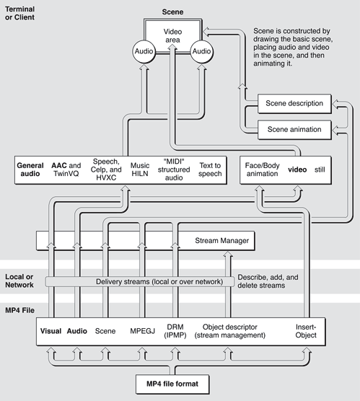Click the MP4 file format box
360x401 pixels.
172,384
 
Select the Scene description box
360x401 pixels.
294,104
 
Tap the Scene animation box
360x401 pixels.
294,130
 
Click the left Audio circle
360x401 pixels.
144,51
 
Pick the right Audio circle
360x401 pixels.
201,51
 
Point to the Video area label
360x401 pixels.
172,36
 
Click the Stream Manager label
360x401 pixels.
221,241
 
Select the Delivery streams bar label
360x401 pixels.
159,281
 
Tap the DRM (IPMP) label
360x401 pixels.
175,331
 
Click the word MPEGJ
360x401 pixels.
143,331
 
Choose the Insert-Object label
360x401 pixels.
306,331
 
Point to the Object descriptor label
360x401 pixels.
229,331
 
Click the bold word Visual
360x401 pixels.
51,331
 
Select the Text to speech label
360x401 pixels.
210,169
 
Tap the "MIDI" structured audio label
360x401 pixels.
174,169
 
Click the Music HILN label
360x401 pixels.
140,169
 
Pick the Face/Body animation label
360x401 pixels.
263,169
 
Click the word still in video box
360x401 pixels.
320,169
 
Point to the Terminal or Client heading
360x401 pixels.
19,13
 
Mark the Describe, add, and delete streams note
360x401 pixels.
268,281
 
